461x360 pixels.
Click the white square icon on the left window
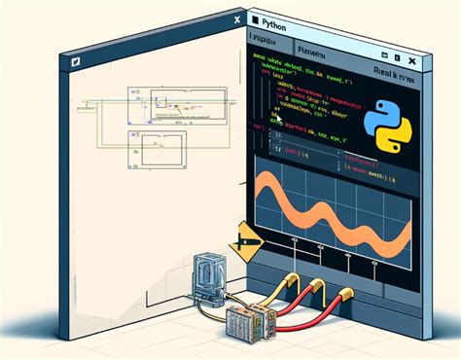pos(72,59)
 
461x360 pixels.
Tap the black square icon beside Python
pos(256,18)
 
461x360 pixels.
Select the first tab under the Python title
pos(264,42)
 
